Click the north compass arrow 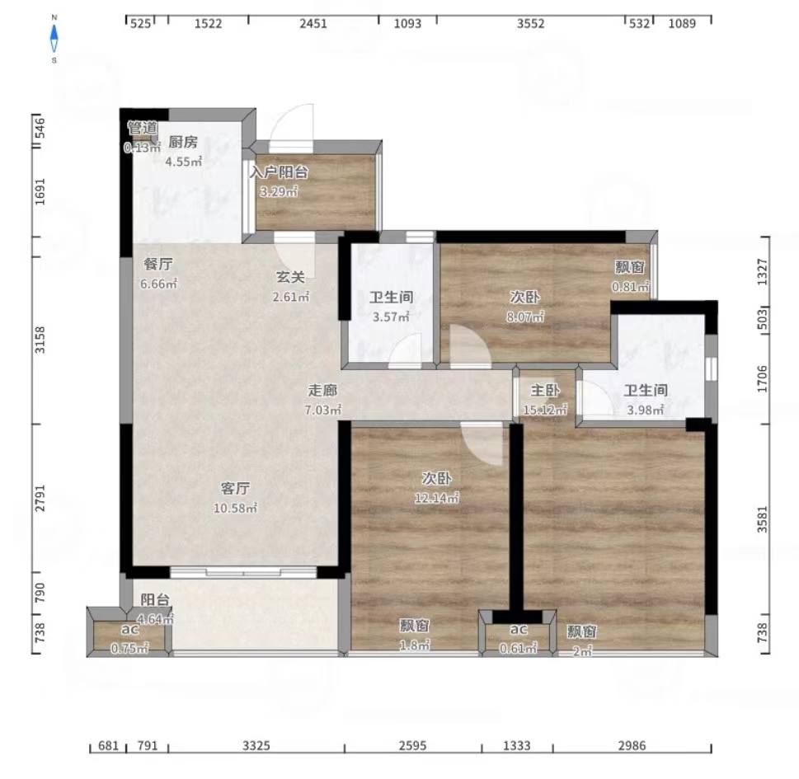click(x=54, y=31)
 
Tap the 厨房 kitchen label click(x=183, y=142)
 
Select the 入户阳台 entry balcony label click(x=279, y=172)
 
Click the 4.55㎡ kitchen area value click(x=183, y=162)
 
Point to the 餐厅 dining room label click(x=158, y=264)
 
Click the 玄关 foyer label click(x=290, y=277)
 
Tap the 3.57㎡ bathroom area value click(x=391, y=317)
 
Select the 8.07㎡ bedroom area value click(x=525, y=317)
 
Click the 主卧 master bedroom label click(x=545, y=390)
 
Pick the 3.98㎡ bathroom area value click(x=646, y=410)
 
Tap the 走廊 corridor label click(x=322, y=390)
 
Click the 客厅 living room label click(x=235, y=489)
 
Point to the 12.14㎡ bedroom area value click(x=437, y=498)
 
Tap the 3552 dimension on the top click(x=531, y=23)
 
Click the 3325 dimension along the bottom click(x=256, y=746)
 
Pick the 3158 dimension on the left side click(x=40, y=340)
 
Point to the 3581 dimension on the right click(x=763, y=519)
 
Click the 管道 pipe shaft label click(x=142, y=128)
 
